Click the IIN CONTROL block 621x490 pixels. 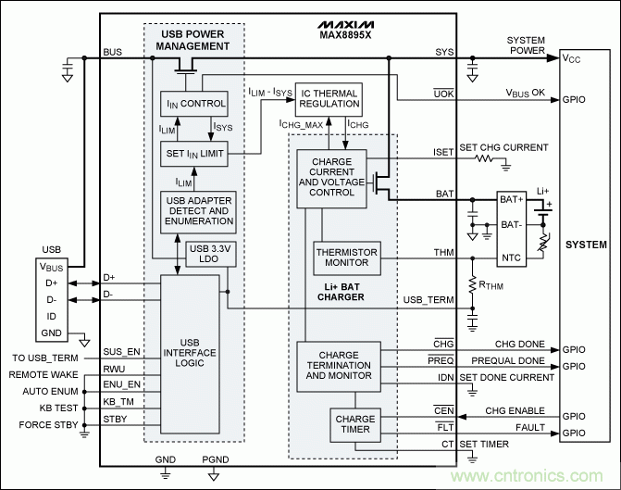193,104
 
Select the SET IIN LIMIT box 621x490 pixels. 193,153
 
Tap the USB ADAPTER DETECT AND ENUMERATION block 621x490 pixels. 198,211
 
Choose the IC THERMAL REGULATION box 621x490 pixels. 328,97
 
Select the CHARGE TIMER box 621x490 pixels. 355,425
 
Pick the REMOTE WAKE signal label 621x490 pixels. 45,374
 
